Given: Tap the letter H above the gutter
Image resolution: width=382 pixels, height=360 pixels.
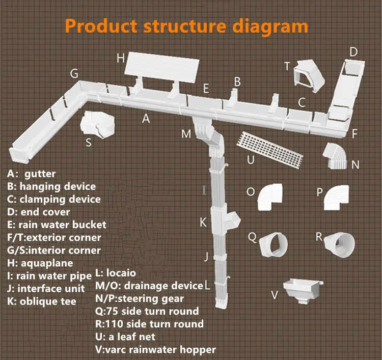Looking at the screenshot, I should (x=121, y=58).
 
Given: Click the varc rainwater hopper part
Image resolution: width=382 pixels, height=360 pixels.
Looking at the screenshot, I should (x=304, y=292).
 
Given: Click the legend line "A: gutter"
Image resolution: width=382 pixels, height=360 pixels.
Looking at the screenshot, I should (x=32, y=174).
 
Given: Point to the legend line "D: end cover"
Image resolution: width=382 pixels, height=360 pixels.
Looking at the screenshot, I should (x=39, y=212).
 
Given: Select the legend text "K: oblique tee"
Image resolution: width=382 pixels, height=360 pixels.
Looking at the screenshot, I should (x=42, y=301).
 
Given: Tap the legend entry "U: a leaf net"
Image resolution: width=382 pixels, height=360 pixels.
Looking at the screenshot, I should (x=125, y=336).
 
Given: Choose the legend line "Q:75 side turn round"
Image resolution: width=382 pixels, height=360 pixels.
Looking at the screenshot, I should (x=147, y=311).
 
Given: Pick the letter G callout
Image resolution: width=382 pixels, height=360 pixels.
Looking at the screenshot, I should (x=74, y=74).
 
